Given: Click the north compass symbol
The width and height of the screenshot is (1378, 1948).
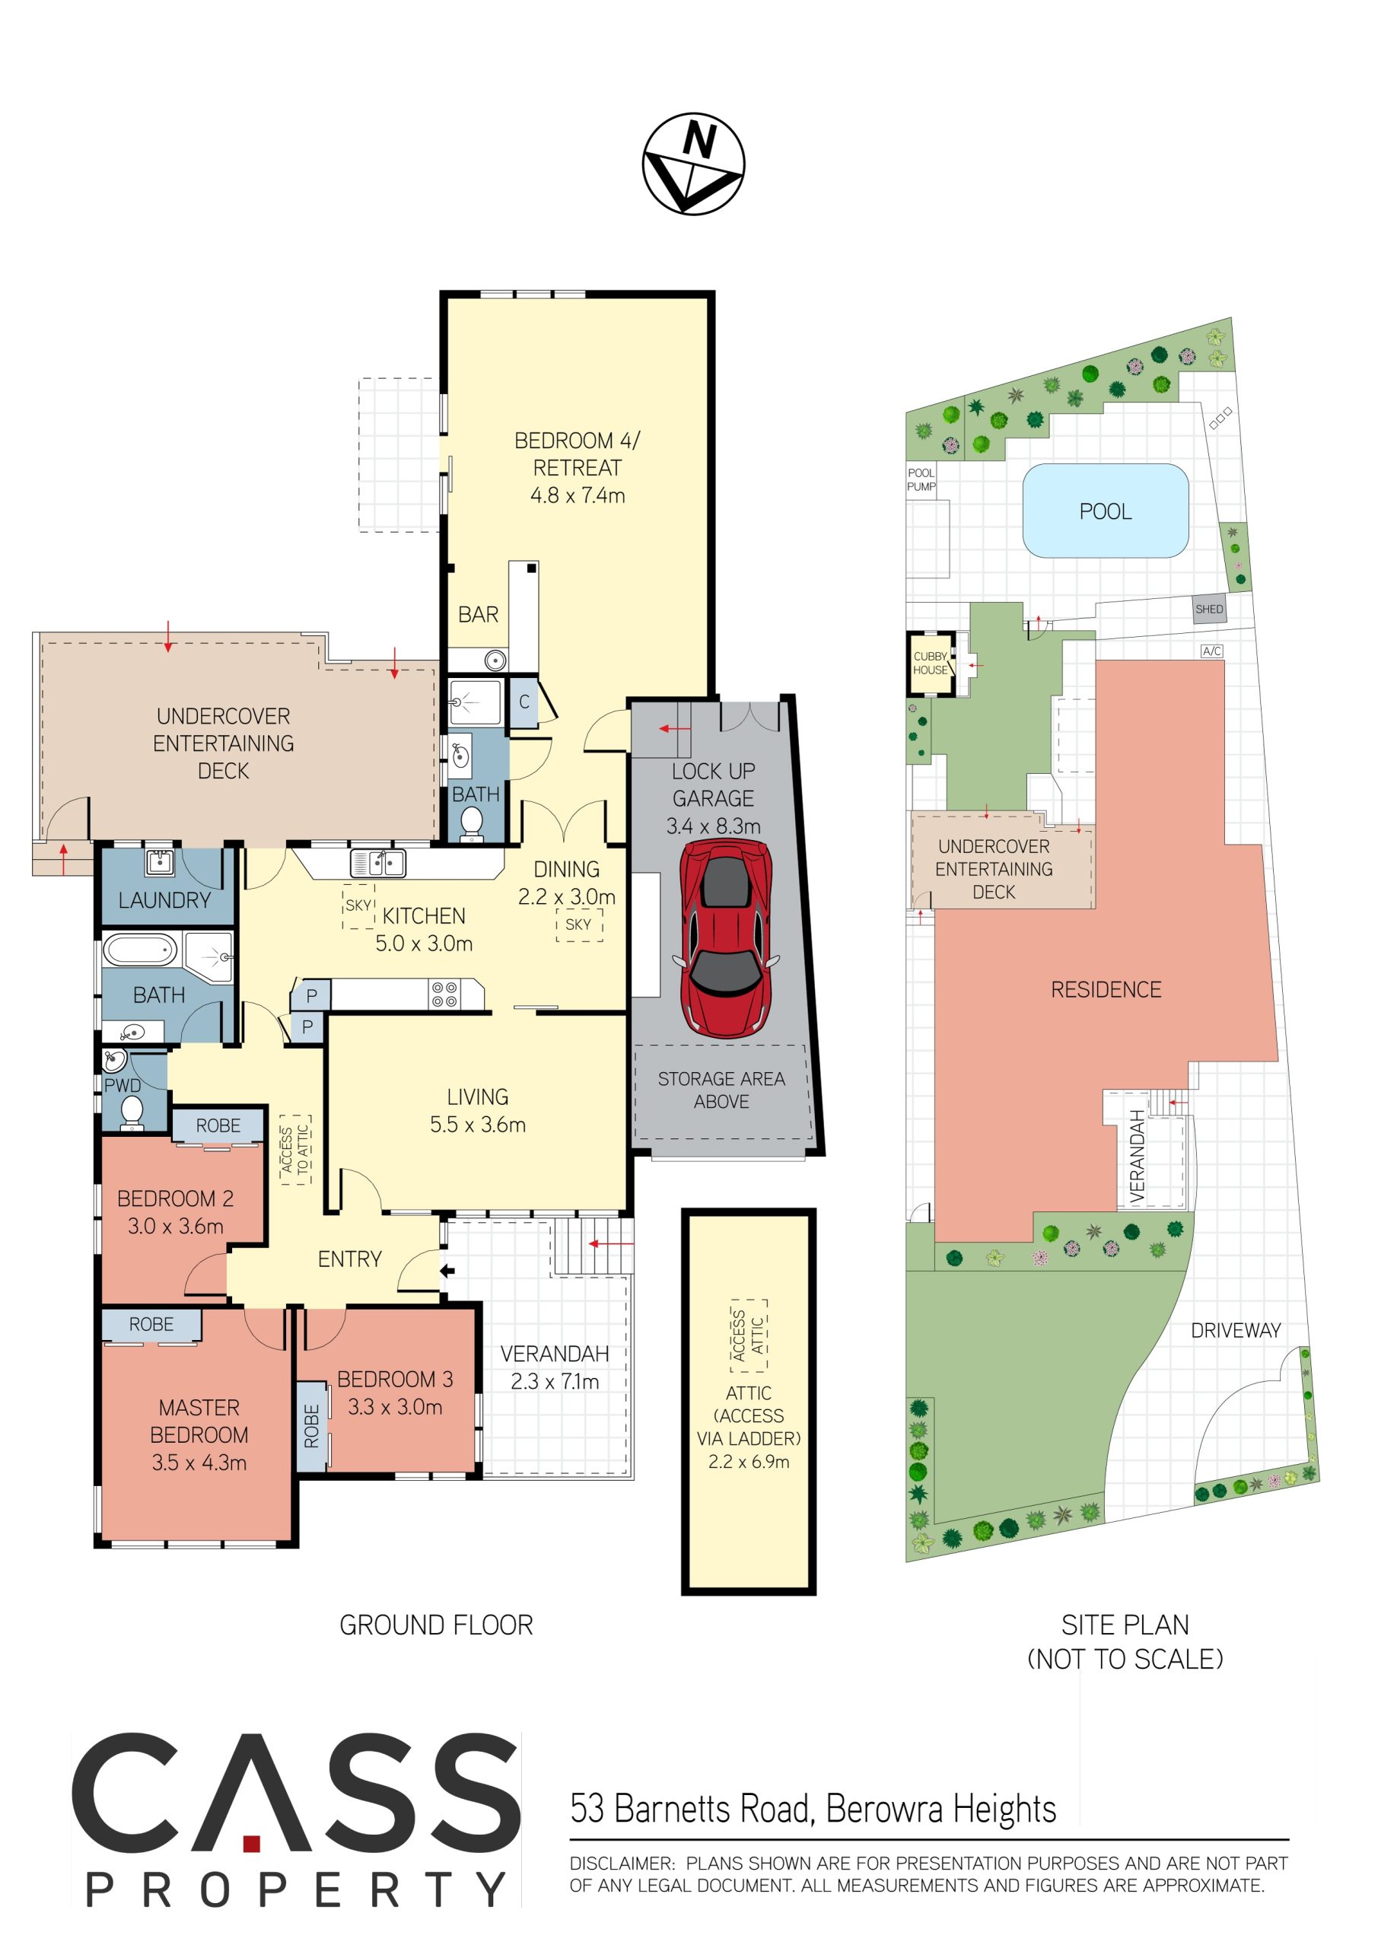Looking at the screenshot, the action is [x=693, y=164].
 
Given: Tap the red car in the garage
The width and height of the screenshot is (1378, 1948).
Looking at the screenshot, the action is [x=727, y=938].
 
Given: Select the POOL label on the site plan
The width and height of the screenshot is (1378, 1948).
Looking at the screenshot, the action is [x=1105, y=511].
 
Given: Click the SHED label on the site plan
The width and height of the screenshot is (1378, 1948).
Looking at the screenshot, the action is [x=1209, y=610].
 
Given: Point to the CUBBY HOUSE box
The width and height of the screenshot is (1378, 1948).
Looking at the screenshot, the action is [x=931, y=664].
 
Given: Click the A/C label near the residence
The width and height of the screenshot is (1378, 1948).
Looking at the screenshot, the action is [x=1211, y=651].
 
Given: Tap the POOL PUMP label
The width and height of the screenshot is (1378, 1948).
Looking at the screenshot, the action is [x=921, y=480].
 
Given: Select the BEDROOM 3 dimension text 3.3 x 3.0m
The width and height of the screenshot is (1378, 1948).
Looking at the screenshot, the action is [x=395, y=1407].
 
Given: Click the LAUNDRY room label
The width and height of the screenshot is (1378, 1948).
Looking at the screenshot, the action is [x=164, y=900].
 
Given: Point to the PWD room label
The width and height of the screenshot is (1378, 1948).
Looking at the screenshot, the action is [x=123, y=1085].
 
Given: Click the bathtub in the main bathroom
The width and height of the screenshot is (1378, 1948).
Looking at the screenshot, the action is [x=140, y=950].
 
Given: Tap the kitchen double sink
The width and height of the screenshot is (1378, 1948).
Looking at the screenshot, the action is [x=377, y=864].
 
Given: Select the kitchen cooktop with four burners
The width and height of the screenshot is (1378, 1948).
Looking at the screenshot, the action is [x=444, y=995].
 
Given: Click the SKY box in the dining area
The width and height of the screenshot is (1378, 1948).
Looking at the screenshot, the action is [x=579, y=925].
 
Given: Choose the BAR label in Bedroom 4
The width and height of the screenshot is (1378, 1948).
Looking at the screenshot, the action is [x=478, y=615].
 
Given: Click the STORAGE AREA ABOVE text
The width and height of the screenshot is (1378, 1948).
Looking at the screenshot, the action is [x=721, y=1090].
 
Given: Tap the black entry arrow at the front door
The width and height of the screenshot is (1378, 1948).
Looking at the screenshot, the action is [x=447, y=1271].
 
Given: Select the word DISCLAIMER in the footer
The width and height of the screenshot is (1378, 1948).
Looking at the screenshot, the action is [x=622, y=1864].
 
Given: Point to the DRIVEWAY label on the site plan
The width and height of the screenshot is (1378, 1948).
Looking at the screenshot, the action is [x=1236, y=1330].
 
